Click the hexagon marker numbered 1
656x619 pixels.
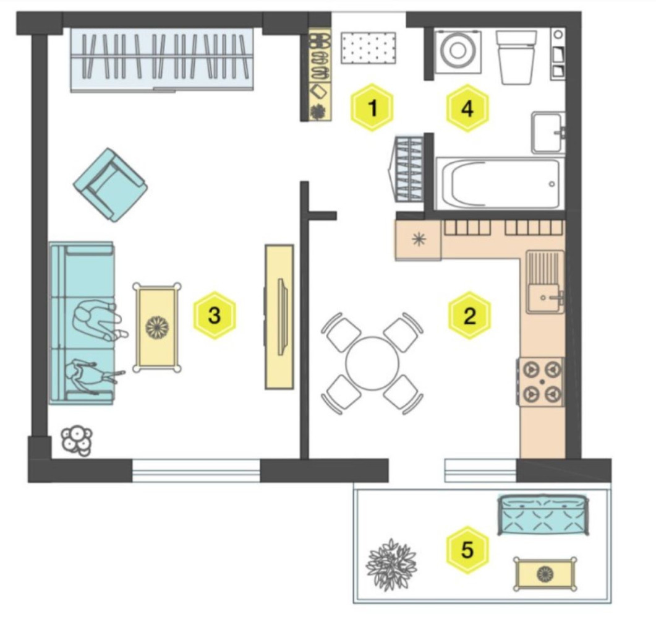[372, 108]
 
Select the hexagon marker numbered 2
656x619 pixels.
[469, 315]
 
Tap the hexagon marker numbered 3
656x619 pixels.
[214, 315]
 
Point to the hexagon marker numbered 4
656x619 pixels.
[467, 108]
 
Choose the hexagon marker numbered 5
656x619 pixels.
[467, 549]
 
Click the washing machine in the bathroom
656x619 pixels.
[458, 51]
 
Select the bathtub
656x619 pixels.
[498, 183]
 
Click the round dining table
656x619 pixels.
[372, 363]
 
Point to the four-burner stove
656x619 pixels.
[542, 381]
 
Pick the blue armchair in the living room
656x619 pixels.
[111, 184]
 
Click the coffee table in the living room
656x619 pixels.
[157, 327]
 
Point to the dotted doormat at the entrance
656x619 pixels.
[368, 48]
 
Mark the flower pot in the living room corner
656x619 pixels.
[77, 441]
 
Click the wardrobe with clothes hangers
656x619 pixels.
[162, 59]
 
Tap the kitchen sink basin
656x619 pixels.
[543, 298]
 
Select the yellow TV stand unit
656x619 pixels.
[279, 317]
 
